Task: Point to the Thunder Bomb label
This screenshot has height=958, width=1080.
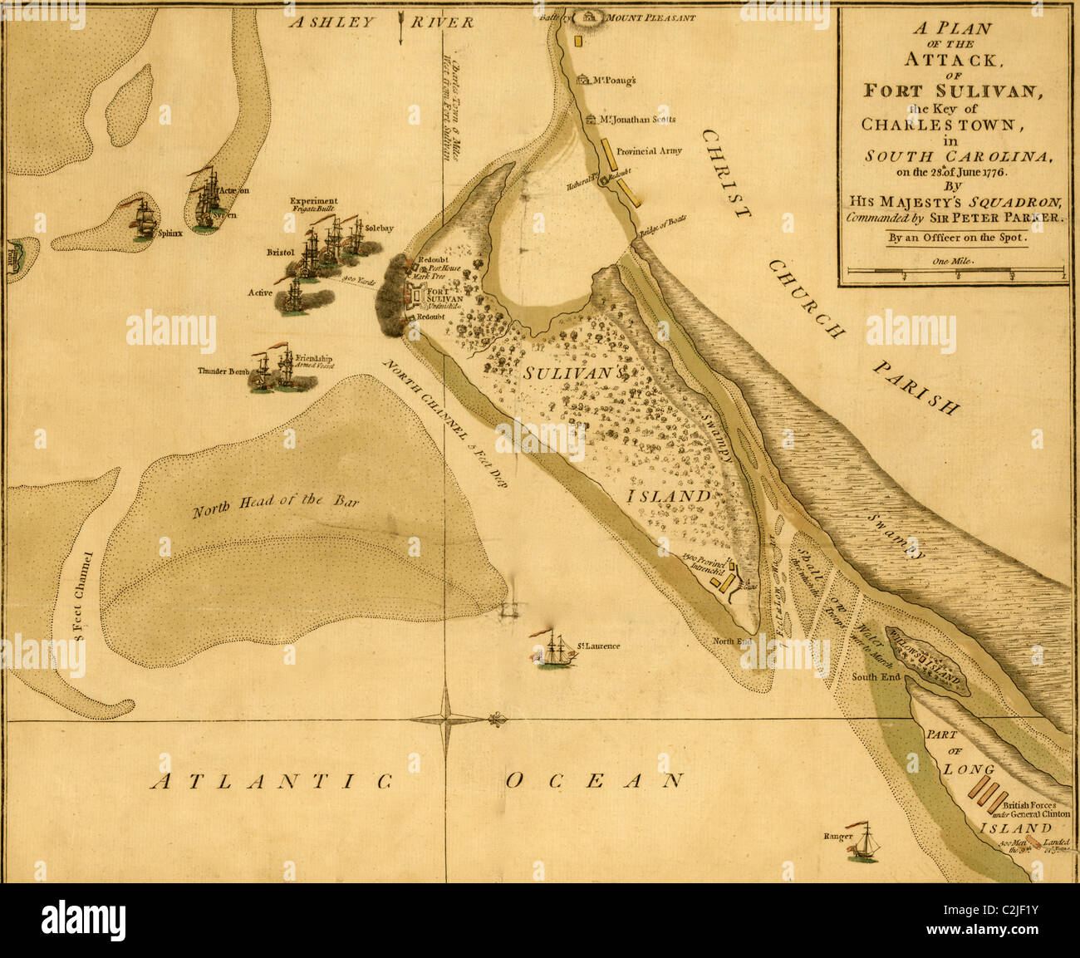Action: [x=223, y=371]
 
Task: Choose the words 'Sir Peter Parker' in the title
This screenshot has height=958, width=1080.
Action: [x=1008, y=218]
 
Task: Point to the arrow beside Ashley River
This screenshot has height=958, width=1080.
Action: [x=401, y=27]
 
